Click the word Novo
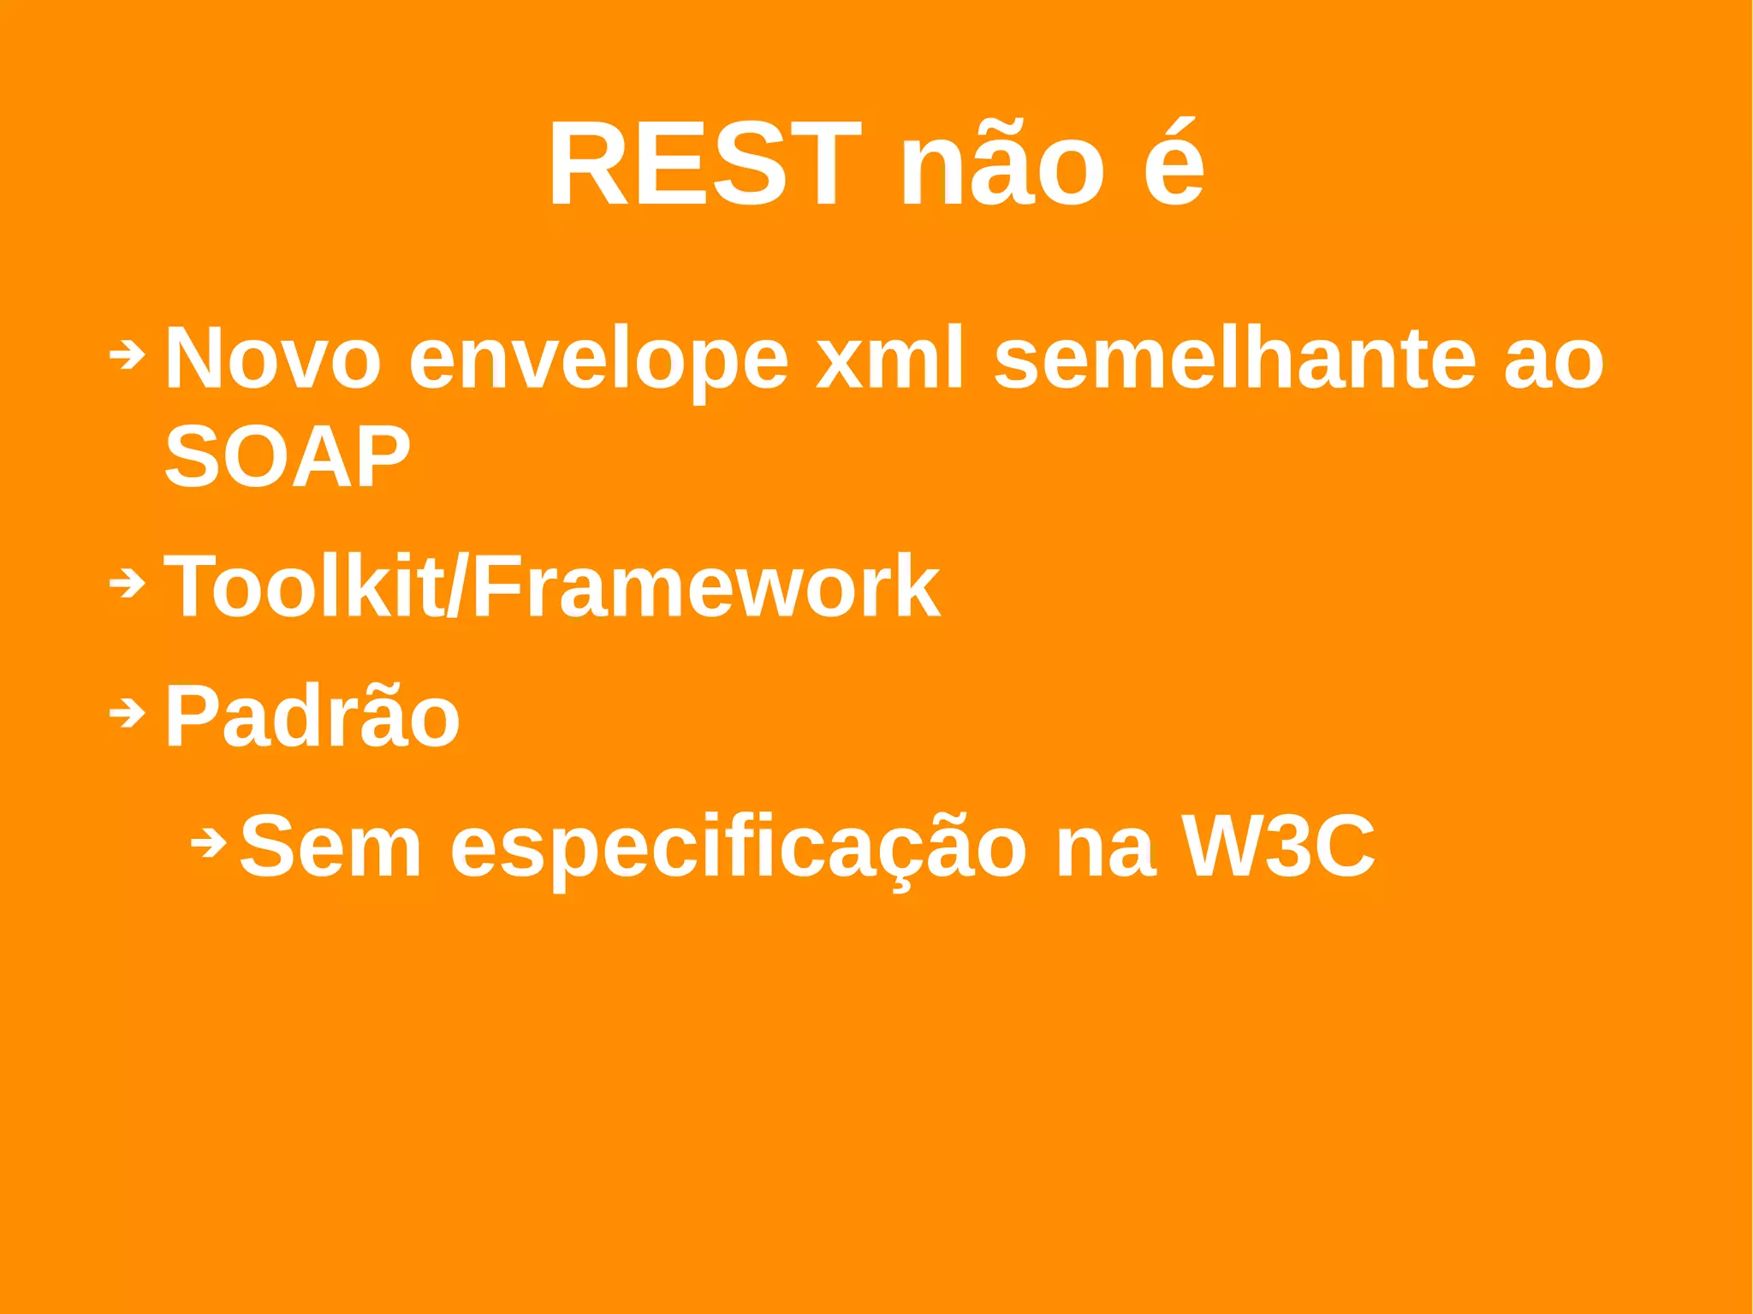(272, 359)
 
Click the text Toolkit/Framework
(551, 586)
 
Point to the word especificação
(738, 847)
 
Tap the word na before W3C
(1105, 847)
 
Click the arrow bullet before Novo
(128, 354)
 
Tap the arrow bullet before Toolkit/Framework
(128, 584)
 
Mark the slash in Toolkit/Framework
(458, 586)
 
